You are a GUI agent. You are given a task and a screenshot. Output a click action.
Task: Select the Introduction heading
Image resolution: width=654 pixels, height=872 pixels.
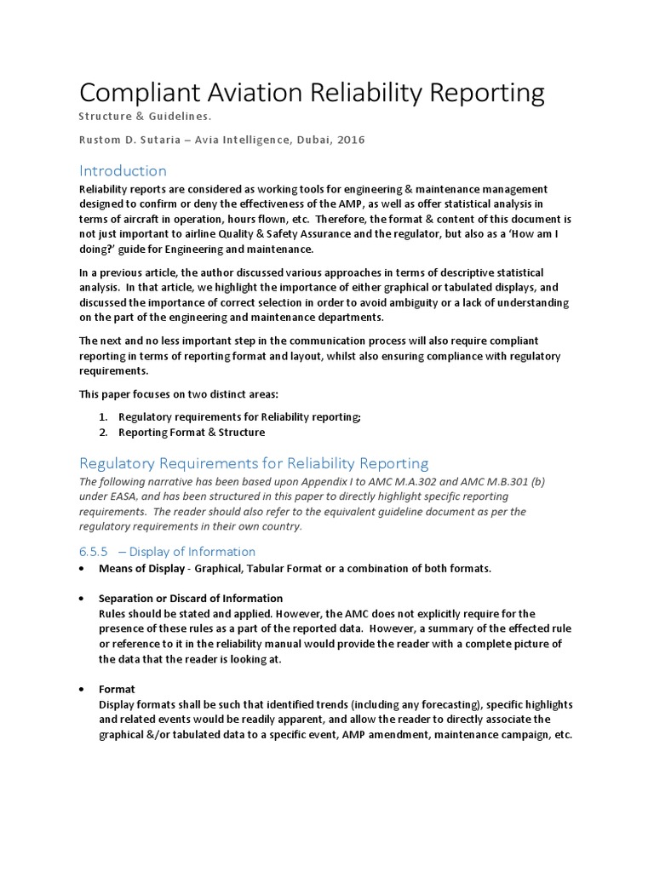coord(123,170)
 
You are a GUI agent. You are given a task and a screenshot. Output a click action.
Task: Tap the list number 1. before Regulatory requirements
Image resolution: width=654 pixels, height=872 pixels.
coord(102,416)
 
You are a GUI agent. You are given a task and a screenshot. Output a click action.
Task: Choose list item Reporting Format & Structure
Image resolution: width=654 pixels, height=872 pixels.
coord(192,433)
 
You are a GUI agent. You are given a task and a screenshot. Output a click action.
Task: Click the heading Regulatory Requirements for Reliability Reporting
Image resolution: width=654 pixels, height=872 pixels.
coord(254,463)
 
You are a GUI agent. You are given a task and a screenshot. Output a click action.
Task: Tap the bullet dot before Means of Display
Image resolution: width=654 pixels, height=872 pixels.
coord(81,569)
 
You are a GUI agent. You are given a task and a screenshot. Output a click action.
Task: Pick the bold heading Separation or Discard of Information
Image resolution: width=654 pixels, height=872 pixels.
coord(191,598)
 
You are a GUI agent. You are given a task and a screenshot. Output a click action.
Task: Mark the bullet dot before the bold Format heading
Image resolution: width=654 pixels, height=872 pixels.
coord(81,689)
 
